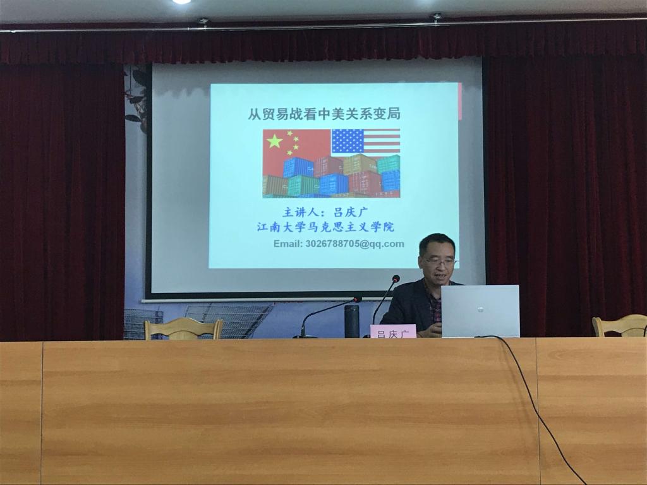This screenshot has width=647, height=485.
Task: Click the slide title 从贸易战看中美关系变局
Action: [x=324, y=114]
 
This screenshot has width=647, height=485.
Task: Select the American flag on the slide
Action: [x=366, y=141]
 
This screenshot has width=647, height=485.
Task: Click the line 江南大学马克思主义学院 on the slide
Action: [x=325, y=227]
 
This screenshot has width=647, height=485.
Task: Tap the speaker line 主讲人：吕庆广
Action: [x=325, y=212]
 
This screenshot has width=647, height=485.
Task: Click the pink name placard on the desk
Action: [x=393, y=331]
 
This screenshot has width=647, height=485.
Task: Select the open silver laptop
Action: [x=480, y=311]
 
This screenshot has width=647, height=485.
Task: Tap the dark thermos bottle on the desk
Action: [x=351, y=321]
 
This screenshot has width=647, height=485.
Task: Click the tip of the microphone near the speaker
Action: [x=396, y=278]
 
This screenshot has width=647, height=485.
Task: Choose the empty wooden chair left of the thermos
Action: [x=183, y=328]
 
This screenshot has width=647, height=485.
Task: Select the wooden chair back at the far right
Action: [x=620, y=326]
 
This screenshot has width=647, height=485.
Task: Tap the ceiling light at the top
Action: [x=181, y=2]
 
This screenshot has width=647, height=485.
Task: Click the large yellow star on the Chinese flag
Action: [x=275, y=141]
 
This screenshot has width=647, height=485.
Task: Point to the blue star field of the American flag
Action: [x=348, y=141]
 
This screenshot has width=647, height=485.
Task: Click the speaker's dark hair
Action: [x=437, y=243]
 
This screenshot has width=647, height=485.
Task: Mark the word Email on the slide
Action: [x=287, y=244]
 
